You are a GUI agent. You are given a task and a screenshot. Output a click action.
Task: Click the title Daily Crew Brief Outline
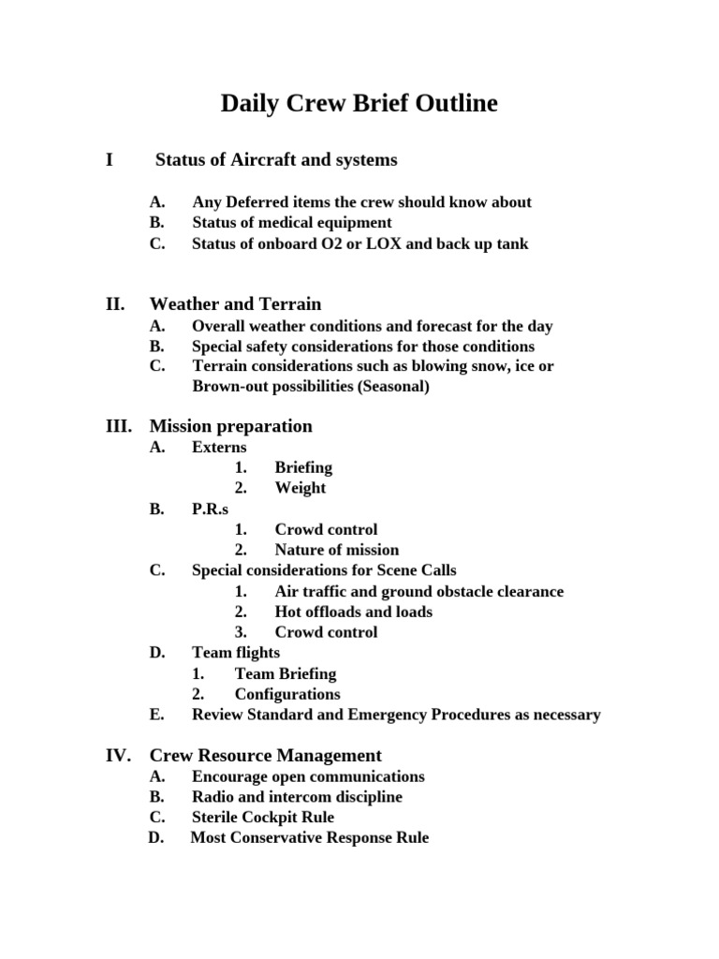(x=359, y=104)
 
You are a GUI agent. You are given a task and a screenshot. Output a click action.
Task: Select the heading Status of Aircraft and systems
(x=275, y=160)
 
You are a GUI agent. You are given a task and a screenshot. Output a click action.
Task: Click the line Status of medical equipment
(x=292, y=223)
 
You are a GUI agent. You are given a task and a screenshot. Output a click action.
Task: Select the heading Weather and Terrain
(x=235, y=304)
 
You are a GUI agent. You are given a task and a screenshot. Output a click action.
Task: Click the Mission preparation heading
(x=230, y=426)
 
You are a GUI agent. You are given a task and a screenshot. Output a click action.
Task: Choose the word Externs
(x=219, y=448)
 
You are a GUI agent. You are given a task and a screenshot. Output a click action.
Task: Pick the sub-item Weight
(x=300, y=488)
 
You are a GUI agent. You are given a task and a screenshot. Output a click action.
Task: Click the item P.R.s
(x=210, y=509)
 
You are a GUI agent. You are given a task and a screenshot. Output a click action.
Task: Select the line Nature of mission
(x=336, y=550)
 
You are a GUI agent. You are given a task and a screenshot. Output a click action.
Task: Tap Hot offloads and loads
(x=353, y=612)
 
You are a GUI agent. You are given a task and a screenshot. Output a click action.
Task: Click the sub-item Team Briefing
(x=285, y=673)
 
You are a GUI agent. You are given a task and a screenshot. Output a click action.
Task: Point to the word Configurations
(x=287, y=694)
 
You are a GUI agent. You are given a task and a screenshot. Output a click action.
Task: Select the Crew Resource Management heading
(x=265, y=755)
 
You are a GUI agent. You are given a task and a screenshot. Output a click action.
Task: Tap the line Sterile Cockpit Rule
(x=262, y=817)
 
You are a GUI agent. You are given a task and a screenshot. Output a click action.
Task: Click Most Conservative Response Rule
(x=309, y=837)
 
